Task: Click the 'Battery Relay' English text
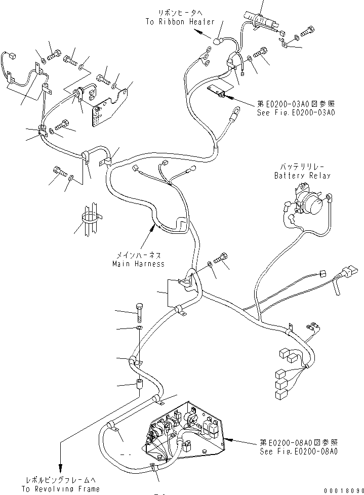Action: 302,176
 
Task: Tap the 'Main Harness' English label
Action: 138,264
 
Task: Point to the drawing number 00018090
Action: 341,490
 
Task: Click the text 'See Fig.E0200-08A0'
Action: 298,450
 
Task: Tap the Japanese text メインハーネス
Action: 138,256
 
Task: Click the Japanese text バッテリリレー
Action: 302,167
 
